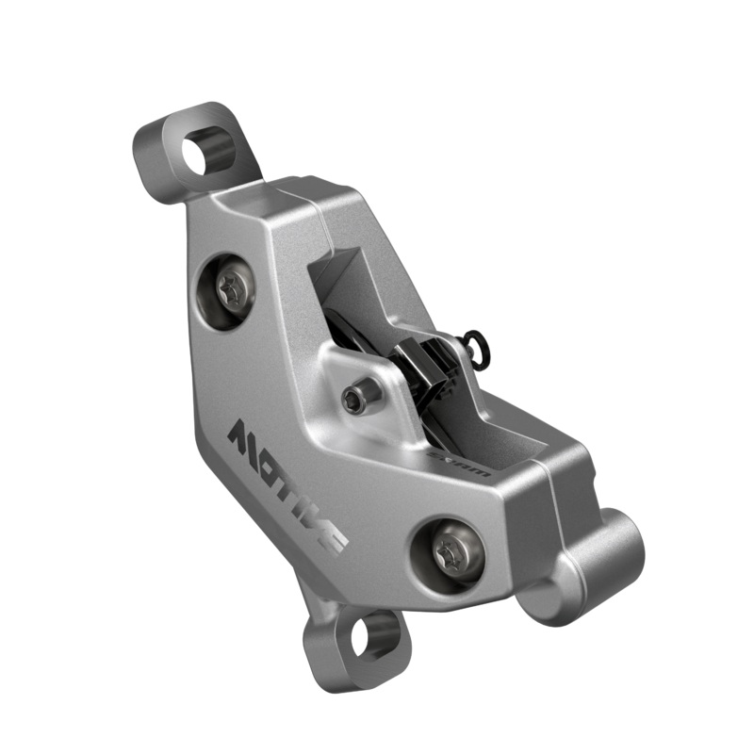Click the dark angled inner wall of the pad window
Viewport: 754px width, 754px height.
pyautogui.click(x=339, y=283)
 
